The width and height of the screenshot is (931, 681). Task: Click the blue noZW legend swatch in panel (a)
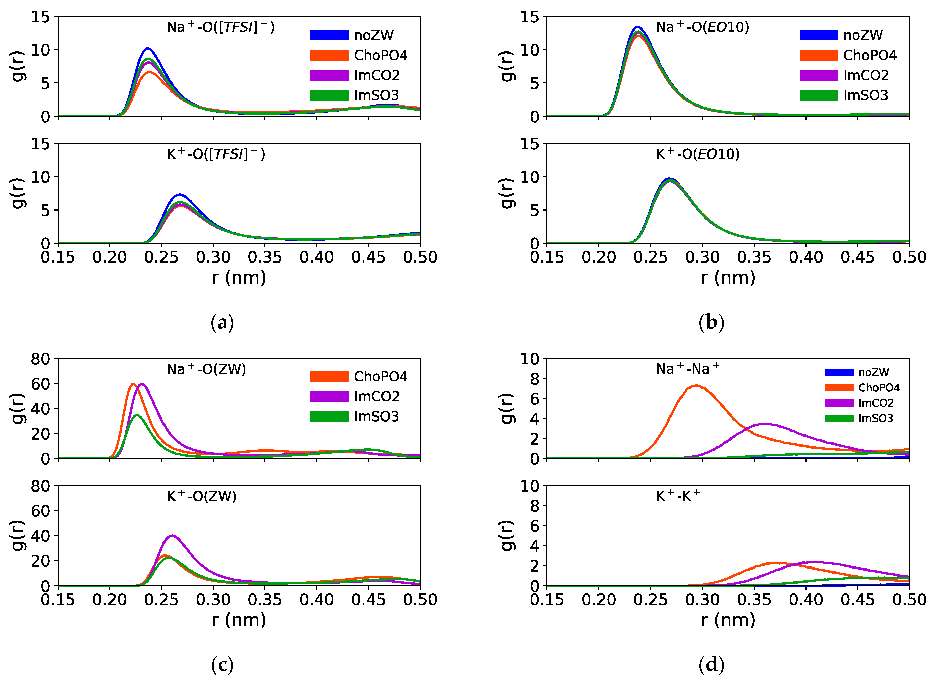point(329,35)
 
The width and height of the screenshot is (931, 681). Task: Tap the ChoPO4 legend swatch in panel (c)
point(329,376)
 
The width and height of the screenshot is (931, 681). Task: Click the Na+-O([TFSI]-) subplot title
point(221,27)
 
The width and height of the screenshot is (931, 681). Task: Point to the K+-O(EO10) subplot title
point(697,154)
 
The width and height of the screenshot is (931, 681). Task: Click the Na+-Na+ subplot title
point(687,369)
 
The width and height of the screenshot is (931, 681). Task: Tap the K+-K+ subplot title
point(678,496)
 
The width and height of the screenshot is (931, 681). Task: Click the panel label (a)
point(222,322)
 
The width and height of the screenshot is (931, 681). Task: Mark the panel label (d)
point(711,664)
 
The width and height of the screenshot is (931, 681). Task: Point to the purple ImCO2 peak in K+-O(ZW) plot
point(172,536)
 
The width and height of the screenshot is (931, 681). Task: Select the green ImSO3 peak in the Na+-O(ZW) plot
point(137,415)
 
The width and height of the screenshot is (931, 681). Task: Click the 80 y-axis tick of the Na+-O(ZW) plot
point(40,359)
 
